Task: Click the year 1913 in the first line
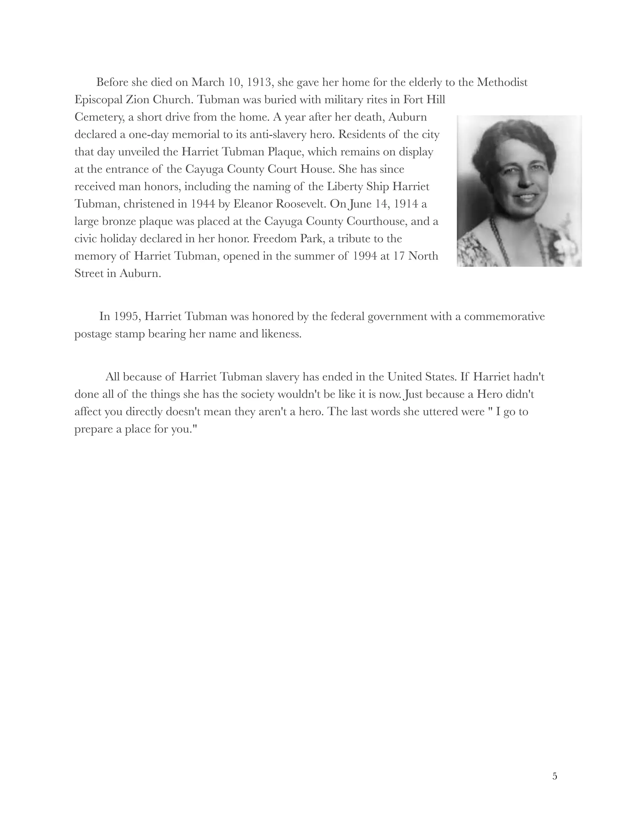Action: tap(258, 82)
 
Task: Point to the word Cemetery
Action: tap(99, 117)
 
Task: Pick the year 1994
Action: tap(366, 256)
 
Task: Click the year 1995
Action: tap(127, 316)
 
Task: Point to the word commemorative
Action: tap(504, 316)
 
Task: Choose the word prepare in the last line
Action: tap(93, 429)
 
